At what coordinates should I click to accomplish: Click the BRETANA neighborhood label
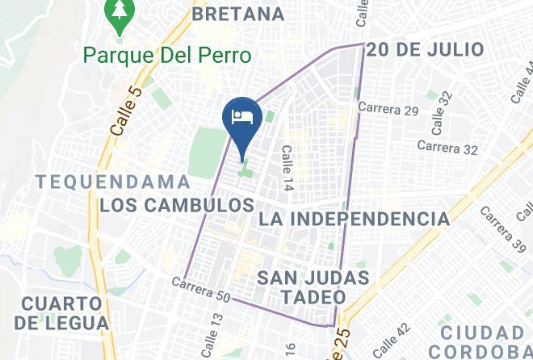[x=239, y=14]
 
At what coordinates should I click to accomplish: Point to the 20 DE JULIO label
[x=426, y=50]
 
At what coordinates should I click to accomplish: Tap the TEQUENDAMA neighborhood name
[x=113, y=182]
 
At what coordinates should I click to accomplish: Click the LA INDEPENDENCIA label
[x=354, y=219]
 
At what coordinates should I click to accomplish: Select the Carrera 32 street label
[x=447, y=148]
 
